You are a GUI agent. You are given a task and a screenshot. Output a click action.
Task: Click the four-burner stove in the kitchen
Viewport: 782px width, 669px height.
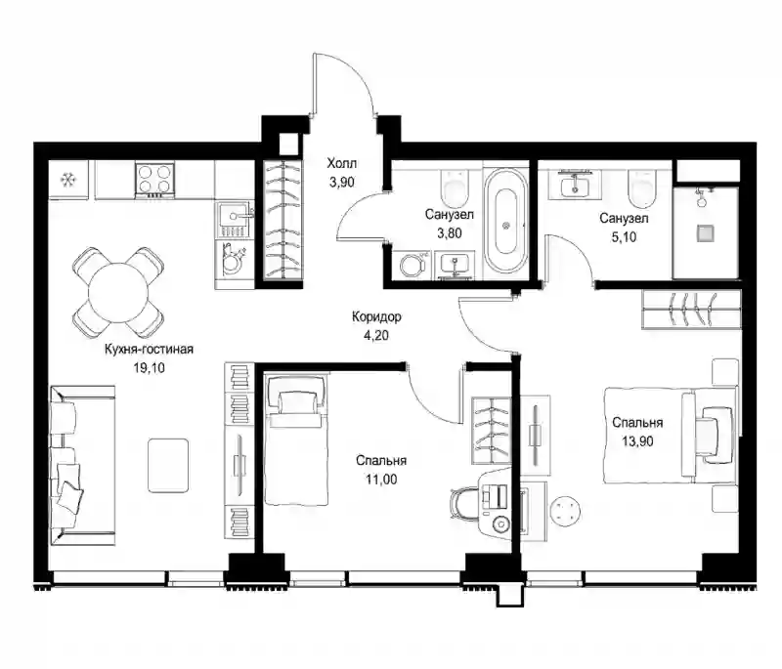154,180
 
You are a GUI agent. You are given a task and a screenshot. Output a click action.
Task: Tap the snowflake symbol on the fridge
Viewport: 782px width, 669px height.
66,180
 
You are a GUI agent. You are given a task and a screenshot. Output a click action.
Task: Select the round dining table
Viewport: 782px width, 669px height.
118,292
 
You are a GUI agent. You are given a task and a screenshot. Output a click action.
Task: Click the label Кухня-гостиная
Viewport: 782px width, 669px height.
149,350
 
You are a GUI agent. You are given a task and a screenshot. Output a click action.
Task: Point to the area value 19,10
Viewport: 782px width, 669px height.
149,368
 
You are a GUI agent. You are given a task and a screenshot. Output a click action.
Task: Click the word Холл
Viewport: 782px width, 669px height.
341,163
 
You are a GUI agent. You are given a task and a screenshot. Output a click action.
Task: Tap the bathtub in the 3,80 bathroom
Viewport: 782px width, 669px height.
505,220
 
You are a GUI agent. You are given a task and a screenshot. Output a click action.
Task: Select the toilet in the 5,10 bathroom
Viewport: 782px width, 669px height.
641,188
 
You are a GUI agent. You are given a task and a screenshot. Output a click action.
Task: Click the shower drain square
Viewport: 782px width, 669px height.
705,232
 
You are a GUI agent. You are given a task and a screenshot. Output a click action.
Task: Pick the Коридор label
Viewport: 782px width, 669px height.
376,316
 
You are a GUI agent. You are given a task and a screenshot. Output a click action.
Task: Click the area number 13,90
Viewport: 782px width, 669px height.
637,441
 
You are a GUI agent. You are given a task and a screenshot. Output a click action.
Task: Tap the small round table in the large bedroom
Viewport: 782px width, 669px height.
566,511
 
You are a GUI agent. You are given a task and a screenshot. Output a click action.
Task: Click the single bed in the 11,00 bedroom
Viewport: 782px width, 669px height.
296,440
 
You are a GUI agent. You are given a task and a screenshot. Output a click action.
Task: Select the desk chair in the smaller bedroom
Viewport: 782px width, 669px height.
462,504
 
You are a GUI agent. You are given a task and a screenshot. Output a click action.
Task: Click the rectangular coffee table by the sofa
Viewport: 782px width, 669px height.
168,465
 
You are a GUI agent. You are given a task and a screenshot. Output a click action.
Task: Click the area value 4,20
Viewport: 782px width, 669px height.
376,335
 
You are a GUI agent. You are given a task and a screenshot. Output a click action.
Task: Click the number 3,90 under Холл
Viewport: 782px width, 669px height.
341,182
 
